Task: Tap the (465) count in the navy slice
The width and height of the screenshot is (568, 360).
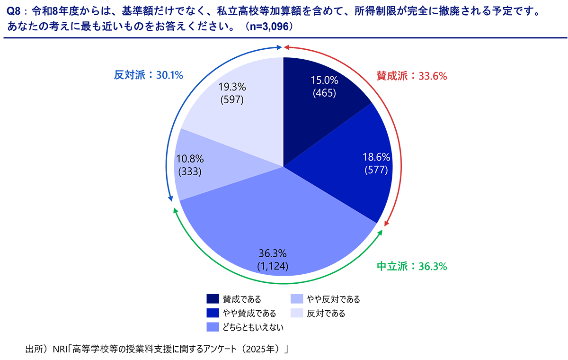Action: (325, 93)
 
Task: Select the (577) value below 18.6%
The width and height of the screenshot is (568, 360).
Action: (376, 170)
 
